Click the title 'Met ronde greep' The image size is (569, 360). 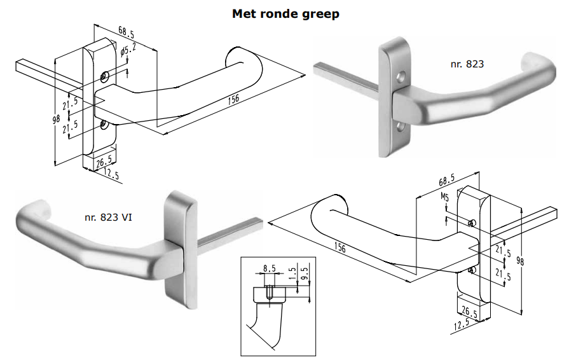tap(285, 13)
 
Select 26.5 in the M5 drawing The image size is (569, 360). tap(472, 312)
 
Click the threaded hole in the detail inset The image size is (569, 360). tap(269, 293)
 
